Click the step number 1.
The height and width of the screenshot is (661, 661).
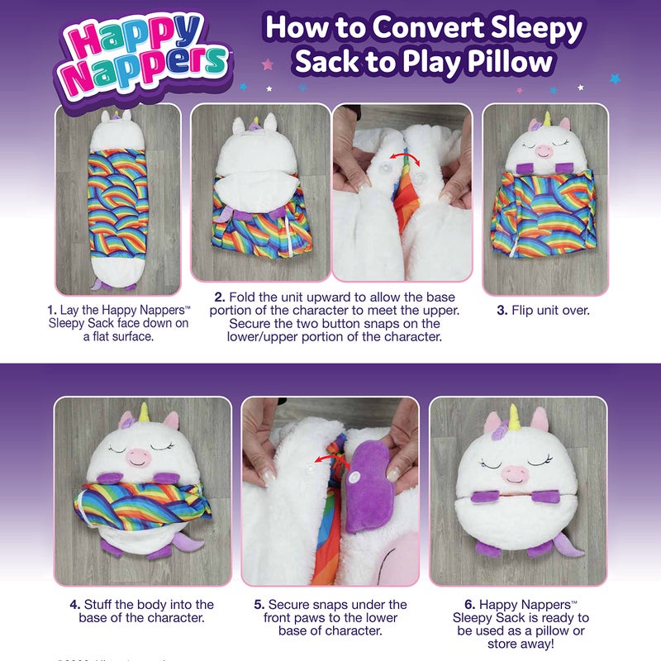coord(51,311)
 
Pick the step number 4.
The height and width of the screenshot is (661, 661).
coord(75,605)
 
